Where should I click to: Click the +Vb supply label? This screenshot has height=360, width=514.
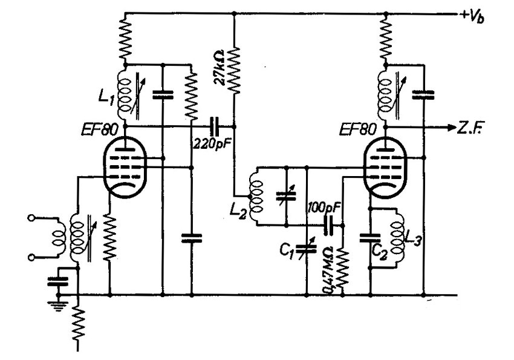tap(472, 17)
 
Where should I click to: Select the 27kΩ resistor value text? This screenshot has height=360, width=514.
tap(219, 67)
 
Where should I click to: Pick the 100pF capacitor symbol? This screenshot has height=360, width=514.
tap(328, 226)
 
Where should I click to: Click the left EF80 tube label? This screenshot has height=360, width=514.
tap(99, 130)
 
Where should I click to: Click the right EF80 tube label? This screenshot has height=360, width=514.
tap(357, 129)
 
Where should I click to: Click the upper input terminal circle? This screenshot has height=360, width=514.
tap(31, 217)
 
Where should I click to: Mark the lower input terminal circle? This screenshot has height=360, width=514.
tap(31, 257)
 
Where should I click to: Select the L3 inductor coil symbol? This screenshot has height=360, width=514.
tap(397, 238)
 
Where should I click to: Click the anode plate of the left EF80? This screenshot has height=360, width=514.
tap(126, 150)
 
